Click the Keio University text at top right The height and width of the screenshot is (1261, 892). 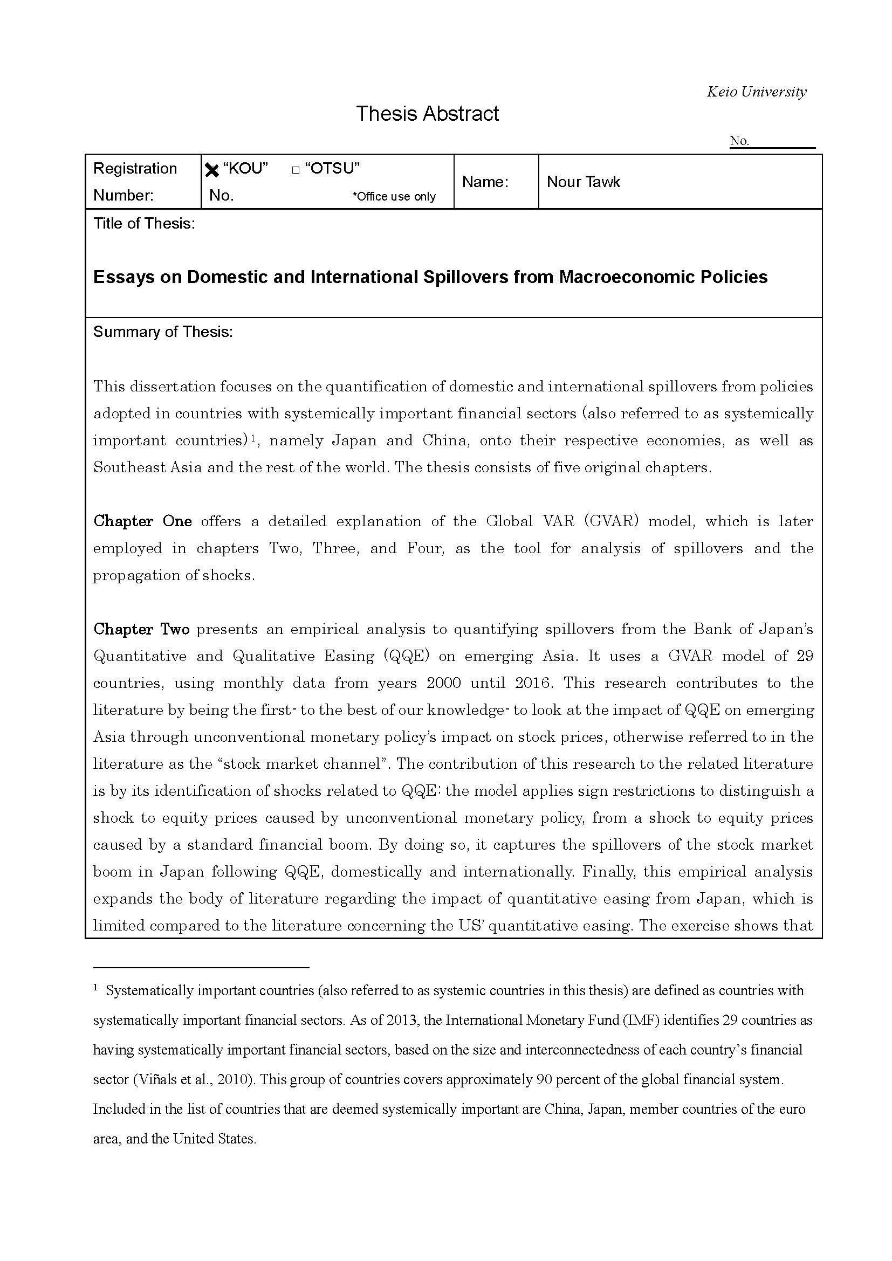756,92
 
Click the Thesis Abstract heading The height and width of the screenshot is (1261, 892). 427,114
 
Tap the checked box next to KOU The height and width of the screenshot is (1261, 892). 211,170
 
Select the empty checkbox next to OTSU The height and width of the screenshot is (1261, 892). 296,170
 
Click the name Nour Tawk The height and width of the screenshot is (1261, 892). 584,182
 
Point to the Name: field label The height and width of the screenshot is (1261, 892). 485,182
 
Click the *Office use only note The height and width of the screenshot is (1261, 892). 394,196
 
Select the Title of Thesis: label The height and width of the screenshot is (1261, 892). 144,224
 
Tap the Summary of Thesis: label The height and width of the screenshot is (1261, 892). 162,332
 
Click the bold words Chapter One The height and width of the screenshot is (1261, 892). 142,521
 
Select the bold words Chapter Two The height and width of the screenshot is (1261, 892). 141,629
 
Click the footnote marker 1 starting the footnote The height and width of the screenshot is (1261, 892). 95,988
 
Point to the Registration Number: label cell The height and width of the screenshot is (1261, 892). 135,182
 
